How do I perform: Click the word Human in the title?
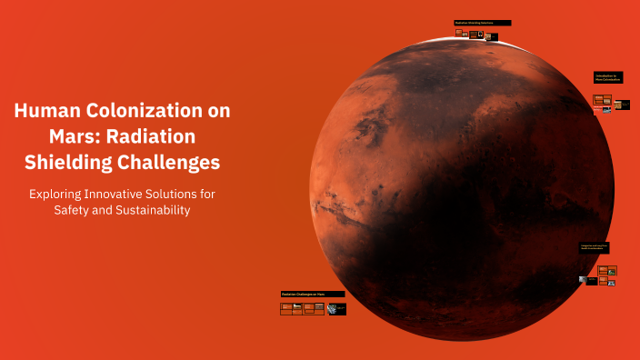[x=46, y=112]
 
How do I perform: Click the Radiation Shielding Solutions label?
[x=482, y=23]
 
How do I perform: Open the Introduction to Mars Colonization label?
[x=608, y=76]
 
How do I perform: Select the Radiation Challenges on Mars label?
[x=313, y=294]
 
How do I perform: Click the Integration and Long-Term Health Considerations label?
[x=595, y=246]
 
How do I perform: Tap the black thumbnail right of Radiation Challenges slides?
[x=336, y=309]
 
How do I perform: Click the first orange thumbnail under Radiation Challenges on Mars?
[x=286, y=308]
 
